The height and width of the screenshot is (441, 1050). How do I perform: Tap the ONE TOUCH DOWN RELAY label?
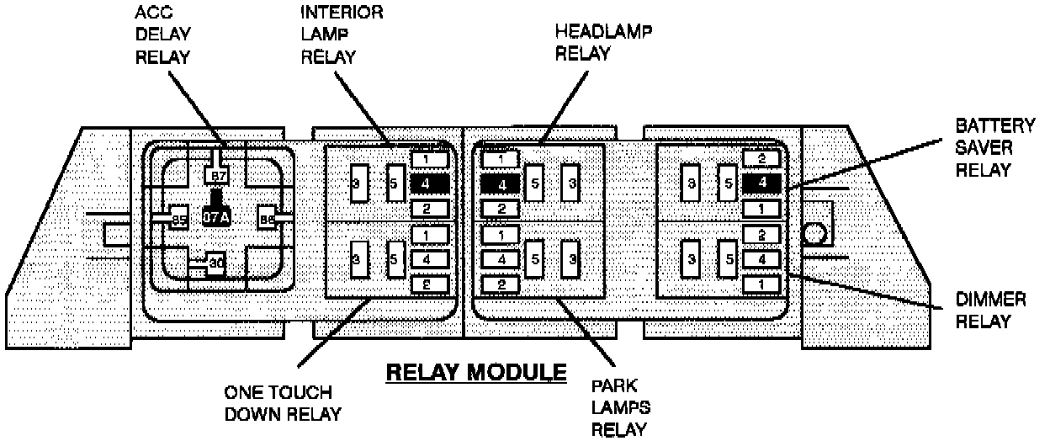[x=278, y=402]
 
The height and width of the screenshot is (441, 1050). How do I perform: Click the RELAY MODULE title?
[x=476, y=371]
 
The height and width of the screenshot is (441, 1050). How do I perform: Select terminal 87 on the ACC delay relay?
[x=218, y=176]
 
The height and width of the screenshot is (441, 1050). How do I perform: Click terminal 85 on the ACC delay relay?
[x=178, y=220]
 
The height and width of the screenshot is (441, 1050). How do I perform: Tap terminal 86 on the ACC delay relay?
[x=268, y=220]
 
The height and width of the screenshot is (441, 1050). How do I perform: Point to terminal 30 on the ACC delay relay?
[x=215, y=263]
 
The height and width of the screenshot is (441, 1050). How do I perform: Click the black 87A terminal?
[x=216, y=217]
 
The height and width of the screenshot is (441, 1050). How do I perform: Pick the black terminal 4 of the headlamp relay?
[x=501, y=183]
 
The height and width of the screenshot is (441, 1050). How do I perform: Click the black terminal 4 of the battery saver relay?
[x=761, y=182]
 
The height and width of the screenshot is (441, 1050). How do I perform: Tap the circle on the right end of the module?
[x=814, y=233]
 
